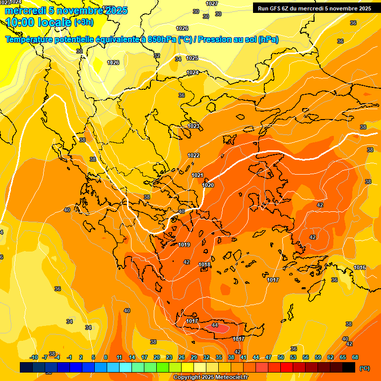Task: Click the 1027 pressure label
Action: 212,3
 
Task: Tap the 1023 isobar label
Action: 193,126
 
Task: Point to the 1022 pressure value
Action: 193,155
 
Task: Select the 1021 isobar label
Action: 197,175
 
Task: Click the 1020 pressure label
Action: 208,185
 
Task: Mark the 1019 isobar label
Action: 184,245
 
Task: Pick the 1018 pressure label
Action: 204,264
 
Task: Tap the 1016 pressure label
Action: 360,268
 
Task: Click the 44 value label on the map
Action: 215,325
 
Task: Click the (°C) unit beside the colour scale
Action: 364,368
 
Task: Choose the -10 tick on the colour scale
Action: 34,357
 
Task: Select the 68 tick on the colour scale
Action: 355,357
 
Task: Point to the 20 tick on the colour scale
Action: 156,357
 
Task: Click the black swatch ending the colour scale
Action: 349,367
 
